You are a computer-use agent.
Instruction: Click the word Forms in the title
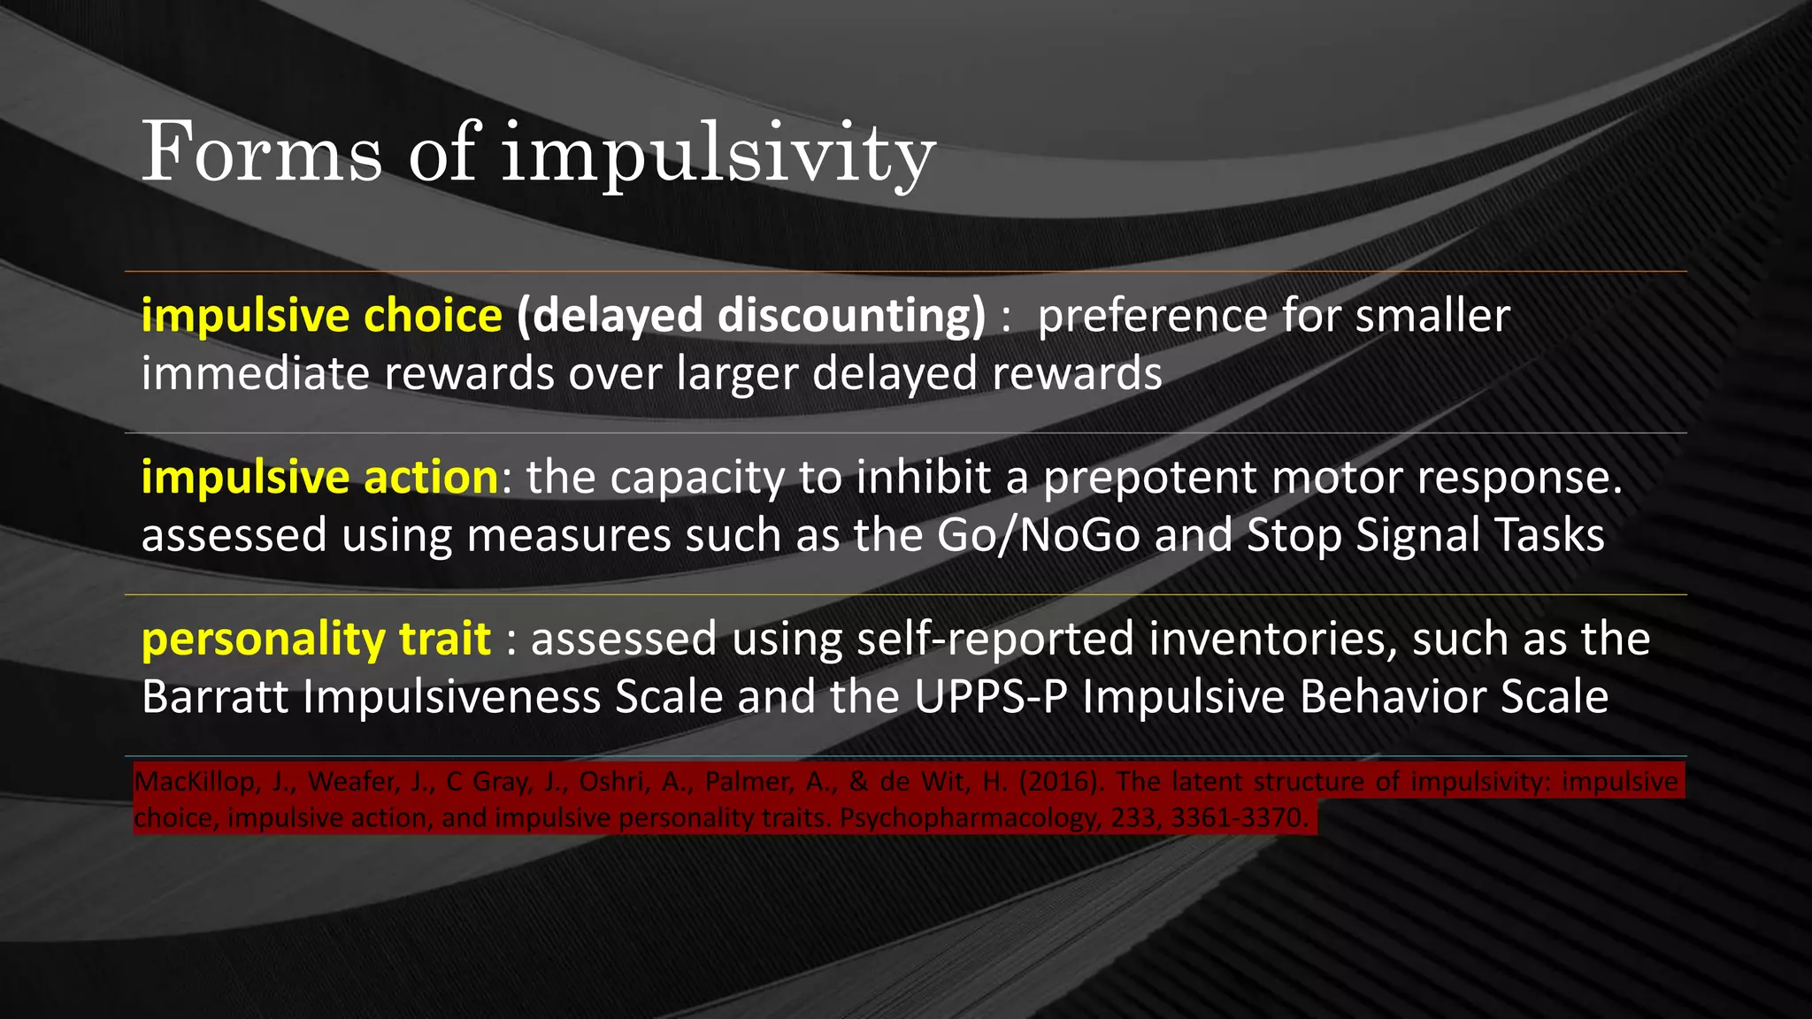(x=262, y=152)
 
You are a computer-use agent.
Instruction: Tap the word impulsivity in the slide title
(x=718, y=156)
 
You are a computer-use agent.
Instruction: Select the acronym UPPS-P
(x=991, y=697)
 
